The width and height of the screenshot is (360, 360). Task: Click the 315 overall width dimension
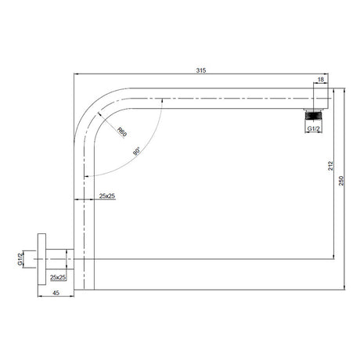(200, 70)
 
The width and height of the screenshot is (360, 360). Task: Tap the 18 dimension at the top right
(320, 80)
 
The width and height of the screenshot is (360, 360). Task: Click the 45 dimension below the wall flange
(56, 293)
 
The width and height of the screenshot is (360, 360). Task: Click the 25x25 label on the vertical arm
(107, 196)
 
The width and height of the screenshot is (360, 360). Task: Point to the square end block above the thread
(320, 97)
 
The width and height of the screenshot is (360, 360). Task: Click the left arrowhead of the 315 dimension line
(77, 75)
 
